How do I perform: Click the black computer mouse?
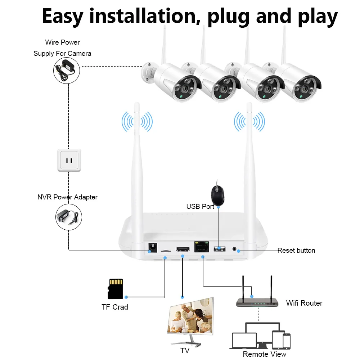[218, 195]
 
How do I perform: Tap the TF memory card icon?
[116, 289]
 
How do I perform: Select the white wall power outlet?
[69, 160]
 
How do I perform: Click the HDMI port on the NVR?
[183, 249]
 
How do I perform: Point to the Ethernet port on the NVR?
[202, 247]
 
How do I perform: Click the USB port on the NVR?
[220, 249]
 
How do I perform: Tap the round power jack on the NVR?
[153, 248]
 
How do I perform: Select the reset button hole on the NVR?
[234, 249]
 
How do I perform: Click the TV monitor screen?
[190, 316]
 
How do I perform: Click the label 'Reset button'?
[296, 250]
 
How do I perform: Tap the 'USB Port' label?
[200, 206]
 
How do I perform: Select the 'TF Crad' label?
[115, 307]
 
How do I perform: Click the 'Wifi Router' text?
[304, 303]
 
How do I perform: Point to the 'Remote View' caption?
[265, 354]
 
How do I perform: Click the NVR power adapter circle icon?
[69, 217]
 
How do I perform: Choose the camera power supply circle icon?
[67, 71]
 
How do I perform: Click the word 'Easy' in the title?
[62, 16]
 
